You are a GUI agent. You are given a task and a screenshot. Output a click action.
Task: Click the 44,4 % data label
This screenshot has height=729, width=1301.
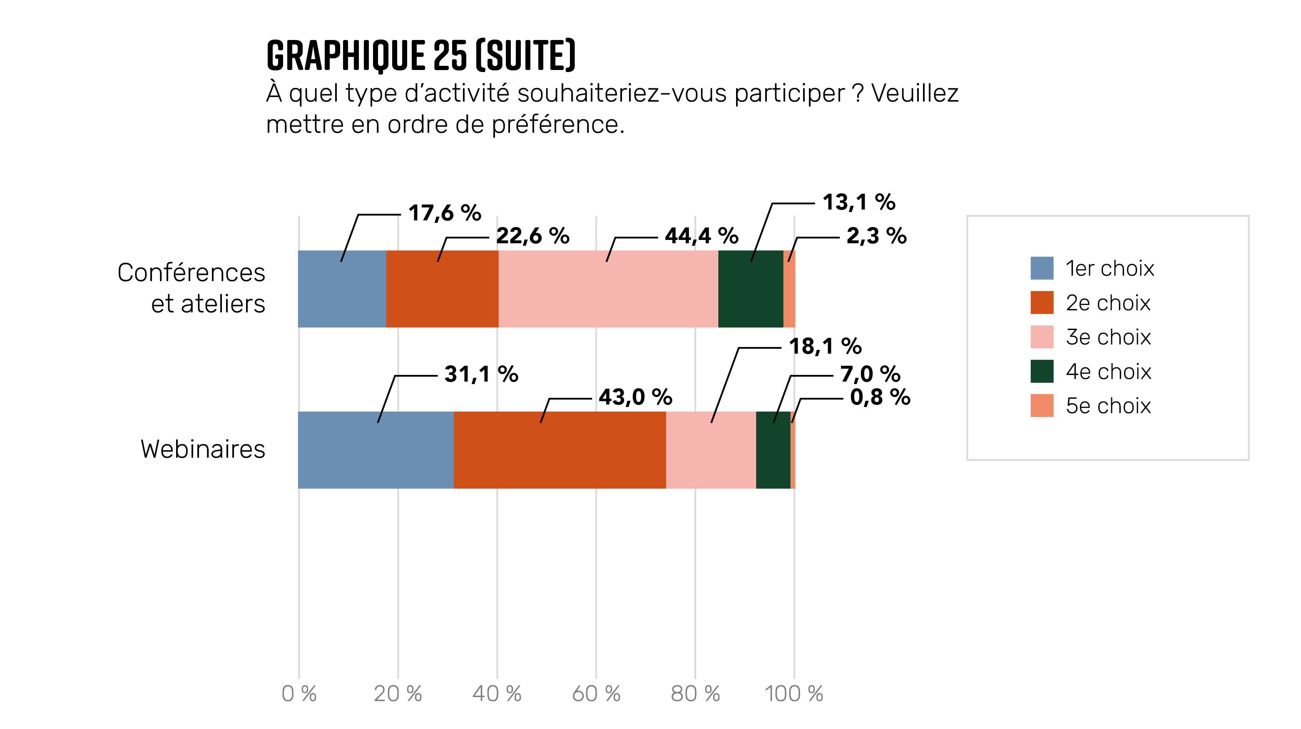click(701, 236)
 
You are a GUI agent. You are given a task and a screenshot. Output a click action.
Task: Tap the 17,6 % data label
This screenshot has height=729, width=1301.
click(445, 213)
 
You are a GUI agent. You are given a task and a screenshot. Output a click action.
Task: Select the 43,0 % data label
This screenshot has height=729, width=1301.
click(635, 397)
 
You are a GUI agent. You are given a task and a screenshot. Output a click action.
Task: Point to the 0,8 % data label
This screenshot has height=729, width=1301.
click(880, 397)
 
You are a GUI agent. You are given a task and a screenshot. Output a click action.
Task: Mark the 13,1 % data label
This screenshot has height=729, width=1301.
click(858, 202)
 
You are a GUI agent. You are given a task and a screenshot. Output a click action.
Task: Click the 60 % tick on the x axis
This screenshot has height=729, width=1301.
click(596, 694)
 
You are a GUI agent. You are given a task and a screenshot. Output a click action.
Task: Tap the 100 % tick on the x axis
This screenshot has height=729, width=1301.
click(794, 694)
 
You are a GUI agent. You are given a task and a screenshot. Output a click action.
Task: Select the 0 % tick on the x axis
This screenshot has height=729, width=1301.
click(299, 694)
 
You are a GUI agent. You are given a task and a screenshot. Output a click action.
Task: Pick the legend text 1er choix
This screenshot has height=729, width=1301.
click(1109, 268)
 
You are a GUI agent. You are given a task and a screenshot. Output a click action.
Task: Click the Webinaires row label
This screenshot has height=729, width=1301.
click(202, 449)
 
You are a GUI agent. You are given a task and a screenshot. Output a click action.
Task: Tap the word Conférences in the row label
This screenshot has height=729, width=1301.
click(191, 273)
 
